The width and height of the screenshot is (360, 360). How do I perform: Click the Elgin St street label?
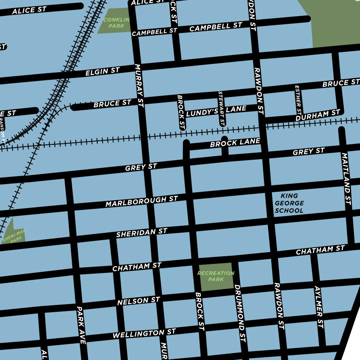(x=102, y=72)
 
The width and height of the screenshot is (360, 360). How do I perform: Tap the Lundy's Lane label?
(x=216, y=111)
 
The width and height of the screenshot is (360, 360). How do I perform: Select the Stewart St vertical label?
(x=221, y=108)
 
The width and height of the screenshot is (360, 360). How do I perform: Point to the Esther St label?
(x=298, y=100)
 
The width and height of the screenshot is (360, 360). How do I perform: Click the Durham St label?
(x=317, y=115)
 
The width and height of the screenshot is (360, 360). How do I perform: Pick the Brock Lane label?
(x=235, y=143)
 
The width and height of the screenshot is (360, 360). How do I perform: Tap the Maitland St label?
(x=346, y=178)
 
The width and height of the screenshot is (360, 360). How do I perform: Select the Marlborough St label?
(x=141, y=201)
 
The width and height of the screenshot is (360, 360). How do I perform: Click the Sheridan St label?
(x=141, y=233)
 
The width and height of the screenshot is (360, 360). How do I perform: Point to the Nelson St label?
(x=139, y=301)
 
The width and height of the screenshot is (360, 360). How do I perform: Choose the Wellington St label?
(x=144, y=334)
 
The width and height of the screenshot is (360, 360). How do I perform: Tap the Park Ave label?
(x=81, y=325)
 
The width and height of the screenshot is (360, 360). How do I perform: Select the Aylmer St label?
(x=319, y=307)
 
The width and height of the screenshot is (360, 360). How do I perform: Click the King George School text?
(x=289, y=203)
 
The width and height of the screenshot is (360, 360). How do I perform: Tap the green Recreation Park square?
(x=216, y=276)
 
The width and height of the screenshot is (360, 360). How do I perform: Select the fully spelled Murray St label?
(x=139, y=85)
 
